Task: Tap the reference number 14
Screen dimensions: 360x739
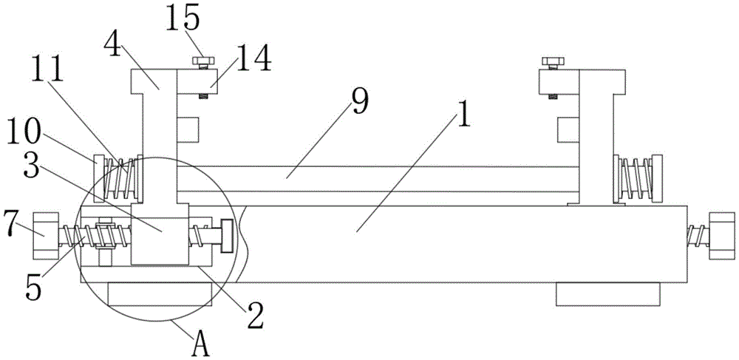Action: coord(253,58)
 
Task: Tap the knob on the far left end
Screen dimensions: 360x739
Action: coord(45,235)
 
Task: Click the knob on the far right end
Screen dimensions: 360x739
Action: coord(722,235)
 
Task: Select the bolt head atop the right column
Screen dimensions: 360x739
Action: coord(551,61)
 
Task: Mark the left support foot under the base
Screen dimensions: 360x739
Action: coord(160,293)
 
